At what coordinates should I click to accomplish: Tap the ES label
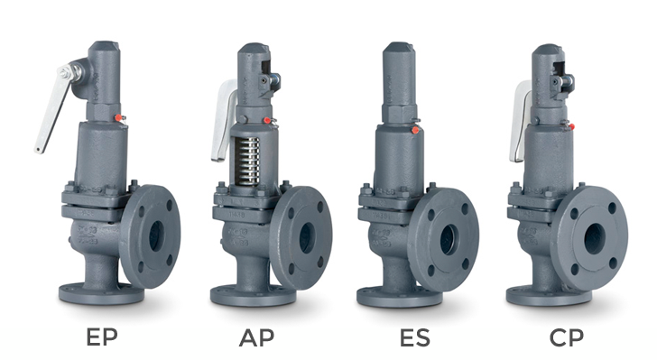(x=415, y=338)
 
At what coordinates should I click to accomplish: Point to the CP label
(x=567, y=338)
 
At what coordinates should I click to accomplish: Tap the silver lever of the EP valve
(x=51, y=113)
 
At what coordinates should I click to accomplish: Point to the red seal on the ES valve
(x=414, y=129)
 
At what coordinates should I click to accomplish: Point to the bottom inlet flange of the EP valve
(x=100, y=294)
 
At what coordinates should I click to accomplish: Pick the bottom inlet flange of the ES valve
(x=398, y=296)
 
